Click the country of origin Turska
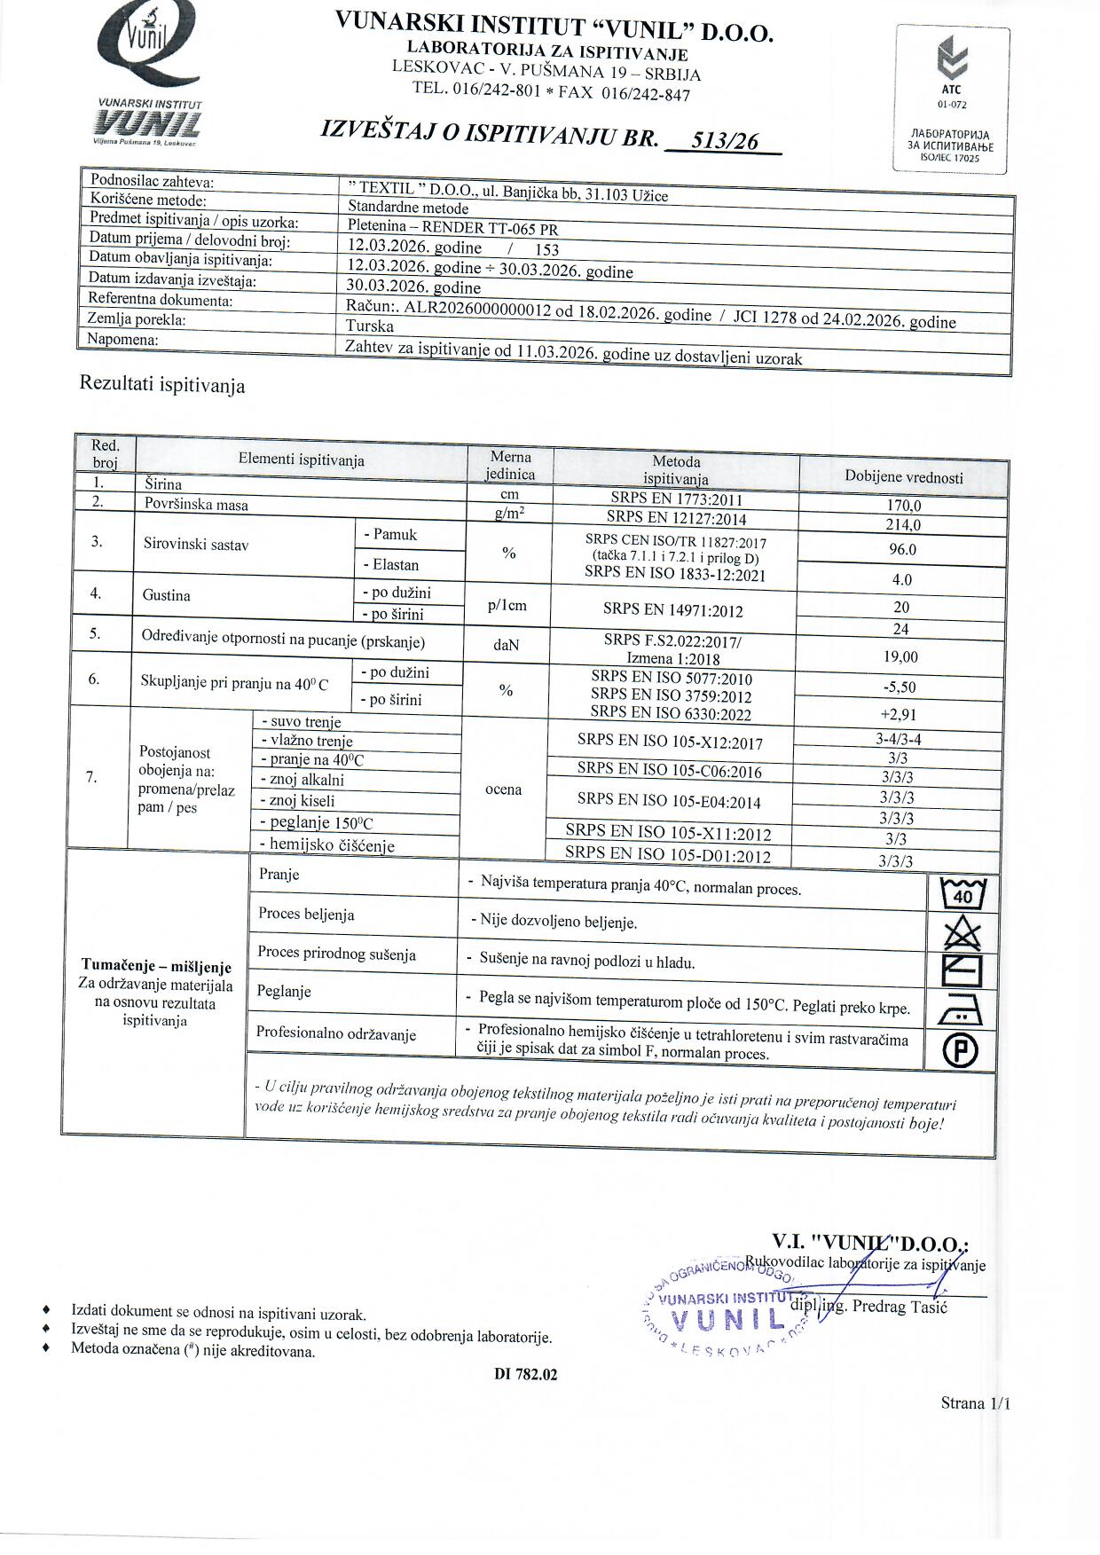pos(370,326)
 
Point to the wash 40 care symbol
pos(962,893)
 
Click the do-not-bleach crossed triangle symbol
pos(962,933)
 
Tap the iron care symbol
pos(961,1009)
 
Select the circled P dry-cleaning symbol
pos(961,1051)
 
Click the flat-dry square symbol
pos(961,970)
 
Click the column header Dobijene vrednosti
pos(903,477)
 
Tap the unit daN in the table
pos(506,645)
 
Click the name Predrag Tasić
pos(900,1307)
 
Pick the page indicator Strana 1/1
pos(975,1402)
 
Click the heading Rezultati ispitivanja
pos(162,385)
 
